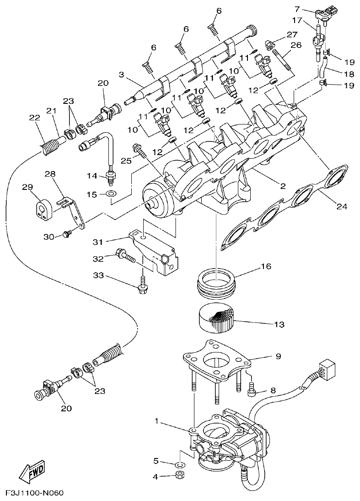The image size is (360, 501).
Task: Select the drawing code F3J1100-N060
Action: point(34,494)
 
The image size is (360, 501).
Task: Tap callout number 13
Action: point(279,324)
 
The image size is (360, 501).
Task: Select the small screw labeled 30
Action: point(67,235)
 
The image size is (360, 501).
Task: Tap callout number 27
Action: point(291,35)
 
